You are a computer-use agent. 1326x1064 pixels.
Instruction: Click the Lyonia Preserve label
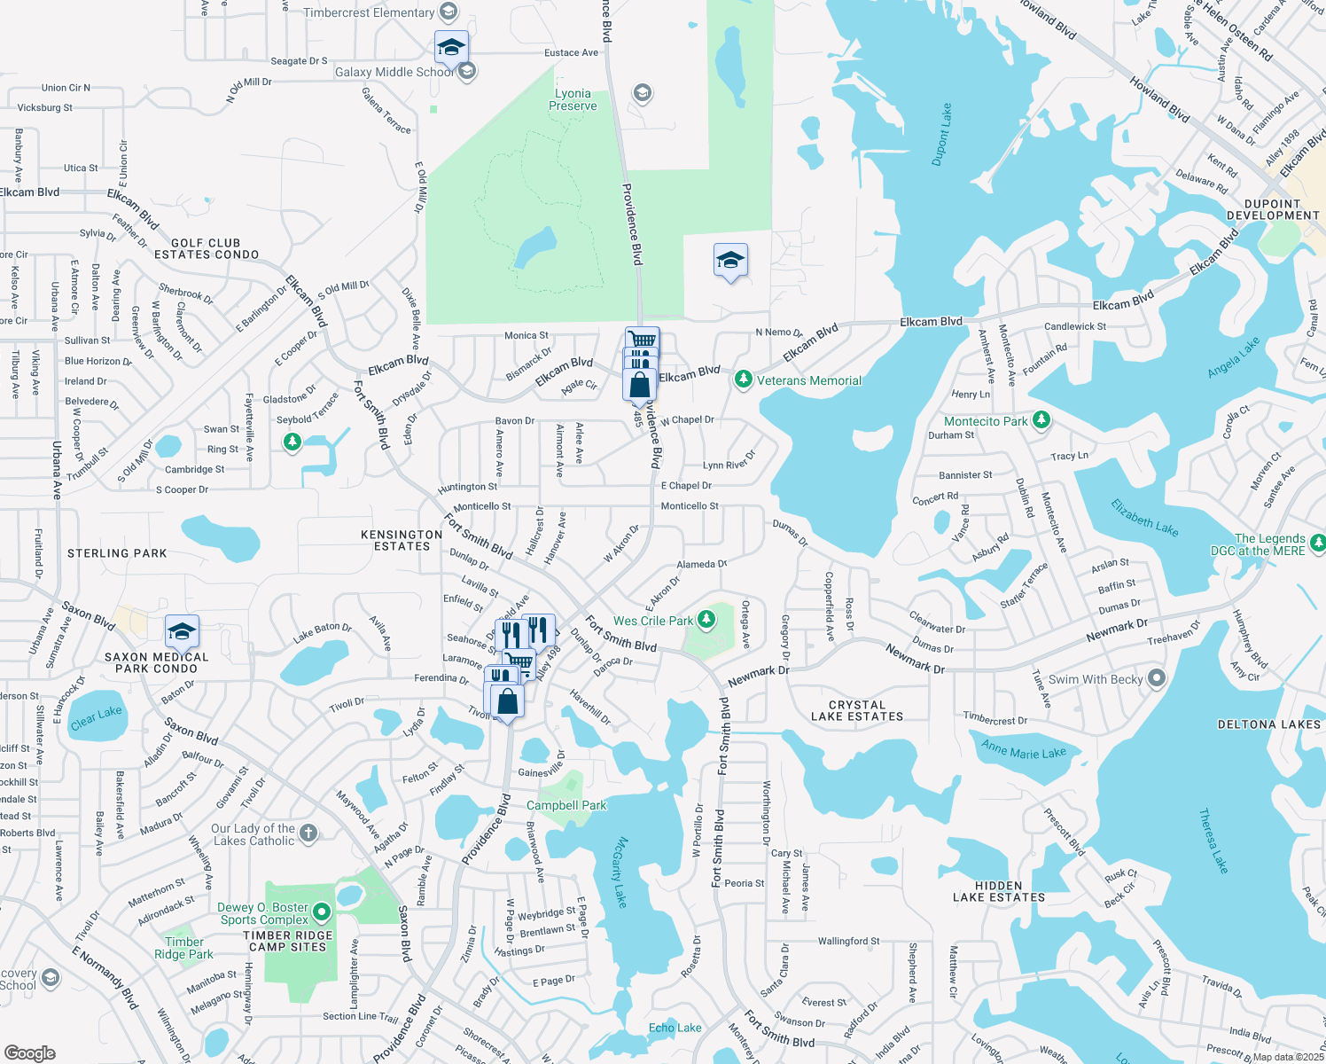573,99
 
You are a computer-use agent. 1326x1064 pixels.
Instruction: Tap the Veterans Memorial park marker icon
743,380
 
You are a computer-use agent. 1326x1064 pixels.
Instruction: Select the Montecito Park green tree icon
1041,420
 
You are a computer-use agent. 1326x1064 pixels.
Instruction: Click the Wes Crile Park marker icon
706,620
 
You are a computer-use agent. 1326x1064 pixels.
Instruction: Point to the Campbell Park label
566,805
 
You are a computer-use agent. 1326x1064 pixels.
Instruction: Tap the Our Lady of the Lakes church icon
308,833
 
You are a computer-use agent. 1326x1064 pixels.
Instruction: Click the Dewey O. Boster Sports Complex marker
322,911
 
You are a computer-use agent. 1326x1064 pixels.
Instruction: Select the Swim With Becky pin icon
1157,678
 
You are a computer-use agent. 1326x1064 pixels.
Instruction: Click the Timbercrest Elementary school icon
448,12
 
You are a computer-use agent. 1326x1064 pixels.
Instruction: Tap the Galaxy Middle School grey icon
467,72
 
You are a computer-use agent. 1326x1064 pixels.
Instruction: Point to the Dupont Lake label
941,135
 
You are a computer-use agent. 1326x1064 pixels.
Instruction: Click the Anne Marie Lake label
1024,750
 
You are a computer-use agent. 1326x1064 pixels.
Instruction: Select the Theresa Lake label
1213,840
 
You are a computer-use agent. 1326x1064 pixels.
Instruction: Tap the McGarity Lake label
620,872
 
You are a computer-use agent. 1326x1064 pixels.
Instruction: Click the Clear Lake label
96,717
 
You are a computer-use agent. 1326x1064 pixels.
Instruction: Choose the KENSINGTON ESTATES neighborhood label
402,540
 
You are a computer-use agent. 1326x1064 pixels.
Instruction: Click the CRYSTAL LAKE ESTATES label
857,710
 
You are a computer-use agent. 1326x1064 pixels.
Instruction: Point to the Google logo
29,1053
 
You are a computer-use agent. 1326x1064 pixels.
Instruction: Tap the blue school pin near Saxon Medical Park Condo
182,633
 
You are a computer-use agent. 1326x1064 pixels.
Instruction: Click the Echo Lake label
675,1028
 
